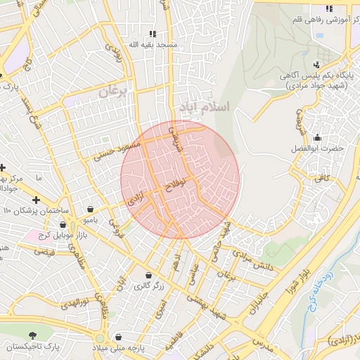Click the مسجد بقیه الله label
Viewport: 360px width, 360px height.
[x=153, y=44]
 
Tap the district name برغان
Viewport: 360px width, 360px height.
[x=115, y=90]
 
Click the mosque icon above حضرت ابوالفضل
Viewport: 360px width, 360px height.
[x=317, y=137]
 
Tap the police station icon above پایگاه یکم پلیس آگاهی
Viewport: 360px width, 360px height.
[x=328, y=68]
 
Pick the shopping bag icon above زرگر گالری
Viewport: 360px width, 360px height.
[x=148, y=275]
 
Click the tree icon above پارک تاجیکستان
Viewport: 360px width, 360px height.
[x=31, y=336]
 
